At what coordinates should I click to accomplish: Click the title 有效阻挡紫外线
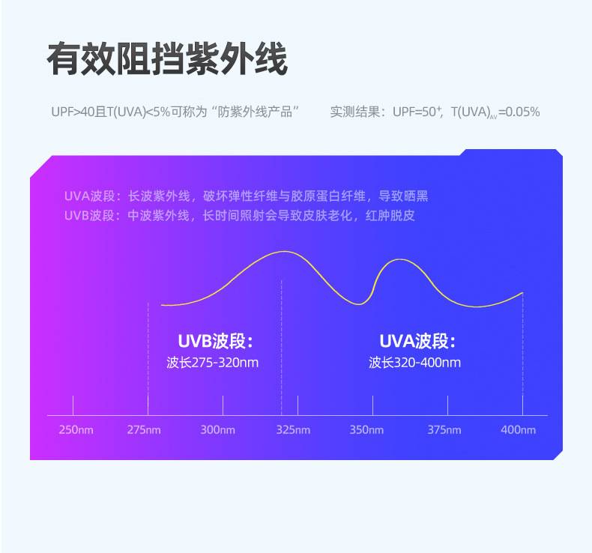167,59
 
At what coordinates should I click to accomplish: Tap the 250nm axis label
76,430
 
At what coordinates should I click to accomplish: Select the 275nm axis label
143,430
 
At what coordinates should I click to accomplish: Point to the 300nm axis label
218,430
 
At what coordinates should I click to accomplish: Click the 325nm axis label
293,430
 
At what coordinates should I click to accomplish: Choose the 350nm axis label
366,430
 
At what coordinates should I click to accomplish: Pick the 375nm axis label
444,430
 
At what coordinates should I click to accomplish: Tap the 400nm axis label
519,430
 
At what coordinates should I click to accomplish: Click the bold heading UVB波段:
216,342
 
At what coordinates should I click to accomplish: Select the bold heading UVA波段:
417,342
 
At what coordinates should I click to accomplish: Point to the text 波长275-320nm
213,363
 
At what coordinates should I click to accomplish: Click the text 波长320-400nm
414,363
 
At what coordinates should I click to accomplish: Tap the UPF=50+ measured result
417,112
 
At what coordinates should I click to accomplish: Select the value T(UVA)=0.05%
495,112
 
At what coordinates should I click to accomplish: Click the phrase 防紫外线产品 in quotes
256,112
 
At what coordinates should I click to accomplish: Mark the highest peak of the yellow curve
283,252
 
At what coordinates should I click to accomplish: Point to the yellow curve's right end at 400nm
522,292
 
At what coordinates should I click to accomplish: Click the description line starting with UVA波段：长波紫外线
246,196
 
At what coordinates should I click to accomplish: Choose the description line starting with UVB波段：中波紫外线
240,216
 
